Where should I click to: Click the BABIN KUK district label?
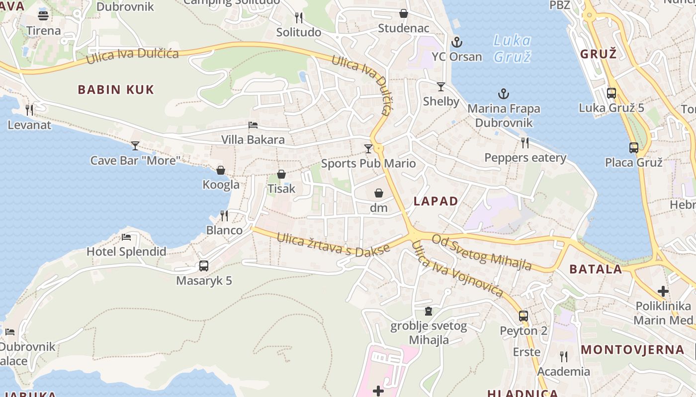(116, 90)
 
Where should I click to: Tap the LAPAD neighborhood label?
(436, 201)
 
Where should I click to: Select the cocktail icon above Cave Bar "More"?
(135, 145)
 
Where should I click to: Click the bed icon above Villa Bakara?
(253, 125)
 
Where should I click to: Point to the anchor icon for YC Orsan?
(456, 42)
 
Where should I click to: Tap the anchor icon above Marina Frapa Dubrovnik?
(504, 94)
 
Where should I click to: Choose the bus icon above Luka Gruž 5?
(611, 93)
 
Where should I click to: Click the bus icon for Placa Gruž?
(633, 147)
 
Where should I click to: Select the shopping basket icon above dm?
(379, 193)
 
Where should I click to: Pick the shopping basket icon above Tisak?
(281, 174)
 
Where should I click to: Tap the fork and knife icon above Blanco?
(224, 215)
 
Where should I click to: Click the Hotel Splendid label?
(126, 252)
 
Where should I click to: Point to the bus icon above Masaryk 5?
(204, 265)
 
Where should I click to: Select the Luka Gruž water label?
(513, 49)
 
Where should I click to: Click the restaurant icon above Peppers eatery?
(525, 143)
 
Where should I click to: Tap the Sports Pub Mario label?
(368, 163)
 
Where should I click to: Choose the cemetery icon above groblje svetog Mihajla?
(428, 311)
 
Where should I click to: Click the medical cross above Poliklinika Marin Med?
(663, 291)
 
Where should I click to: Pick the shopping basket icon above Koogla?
(221, 170)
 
